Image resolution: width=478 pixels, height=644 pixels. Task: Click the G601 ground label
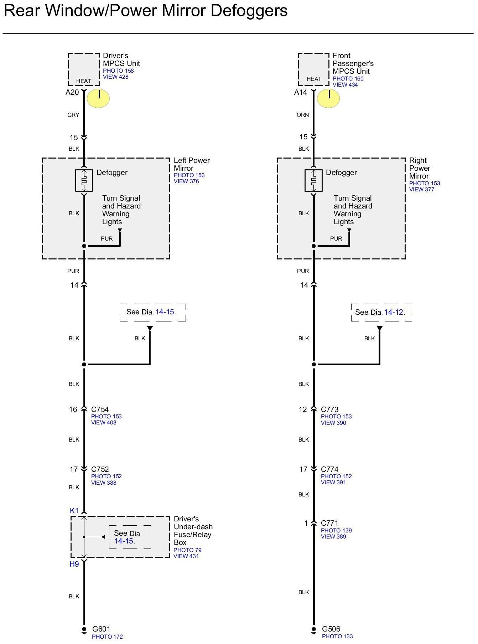(x=101, y=629)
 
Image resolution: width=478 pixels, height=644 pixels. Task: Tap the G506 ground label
(x=331, y=629)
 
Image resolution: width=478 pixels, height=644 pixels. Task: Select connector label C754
(x=100, y=409)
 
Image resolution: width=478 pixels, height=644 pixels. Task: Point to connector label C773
(x=329, y=409)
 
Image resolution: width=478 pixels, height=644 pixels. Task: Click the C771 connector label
(x=329, y=523)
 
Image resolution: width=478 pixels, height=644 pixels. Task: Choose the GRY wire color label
(x=73, y=115)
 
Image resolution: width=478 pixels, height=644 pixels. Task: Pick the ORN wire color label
(x=303, y=115)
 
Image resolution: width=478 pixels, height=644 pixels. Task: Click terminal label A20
(x=72, y=92)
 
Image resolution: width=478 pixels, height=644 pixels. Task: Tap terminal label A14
(x=301, y=92)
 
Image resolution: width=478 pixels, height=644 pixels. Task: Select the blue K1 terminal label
(x=74, y=511)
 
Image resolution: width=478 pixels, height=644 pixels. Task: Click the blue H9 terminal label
(x=74, y=564)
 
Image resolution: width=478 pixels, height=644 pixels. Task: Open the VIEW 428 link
(x=115, y=77)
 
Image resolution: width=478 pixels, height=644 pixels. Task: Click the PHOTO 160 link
(x=348, y=79)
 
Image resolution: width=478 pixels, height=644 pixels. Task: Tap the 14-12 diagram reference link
(x=394, y=312)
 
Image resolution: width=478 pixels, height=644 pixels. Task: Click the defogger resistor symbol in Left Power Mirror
(x=84, y=181)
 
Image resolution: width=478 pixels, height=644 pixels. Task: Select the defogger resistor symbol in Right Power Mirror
(x=313, y=181)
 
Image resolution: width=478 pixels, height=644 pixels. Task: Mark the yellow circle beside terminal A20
(x=98, y=98)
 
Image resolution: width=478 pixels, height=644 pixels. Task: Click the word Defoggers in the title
(x=249, y=11)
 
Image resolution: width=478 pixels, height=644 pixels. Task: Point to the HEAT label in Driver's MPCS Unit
(x=84, y=81)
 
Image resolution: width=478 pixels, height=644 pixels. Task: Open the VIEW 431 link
(x=186, y=556)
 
